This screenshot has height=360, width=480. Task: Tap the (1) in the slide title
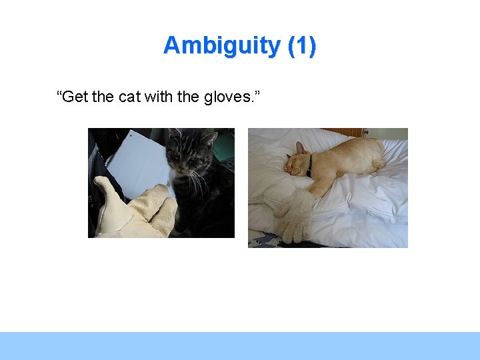[x=301, y=46]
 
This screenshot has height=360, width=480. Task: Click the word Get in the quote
[x=73, y=97]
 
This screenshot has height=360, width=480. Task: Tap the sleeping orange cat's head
[x=297, y=162]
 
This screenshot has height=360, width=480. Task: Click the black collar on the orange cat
[x=309, y=165]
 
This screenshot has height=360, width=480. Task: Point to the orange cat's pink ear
[x=300, y=147]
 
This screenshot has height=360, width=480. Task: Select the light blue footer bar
[x=240, y=345]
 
